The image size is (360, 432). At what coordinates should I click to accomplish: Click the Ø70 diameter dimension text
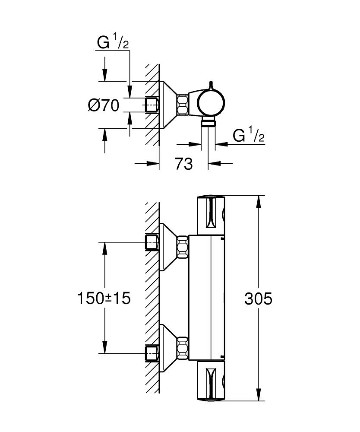[x=103, y=105]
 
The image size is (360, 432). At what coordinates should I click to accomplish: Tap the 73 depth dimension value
[x=183, y=164]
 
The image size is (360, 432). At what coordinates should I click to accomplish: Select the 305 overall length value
[x=258, y=298]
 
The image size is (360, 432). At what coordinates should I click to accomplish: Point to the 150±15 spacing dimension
[x=104, y=298]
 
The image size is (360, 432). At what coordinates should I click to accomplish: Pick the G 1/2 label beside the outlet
[x=248, y=136]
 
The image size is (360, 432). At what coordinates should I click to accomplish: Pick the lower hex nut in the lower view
[x=182, y=346]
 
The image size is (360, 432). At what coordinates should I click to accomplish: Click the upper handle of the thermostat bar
[x=211, y=215]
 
